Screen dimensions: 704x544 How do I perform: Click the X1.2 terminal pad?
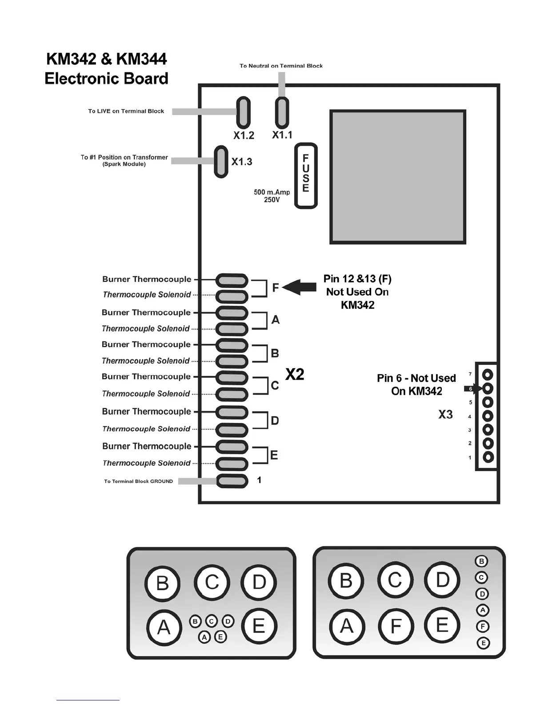(x=243, y=112)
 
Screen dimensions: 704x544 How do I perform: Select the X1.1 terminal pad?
(x=282, y=112)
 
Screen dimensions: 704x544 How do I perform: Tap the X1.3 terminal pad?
(x=221, y=161)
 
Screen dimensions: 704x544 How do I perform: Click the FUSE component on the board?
(x=306, y=176)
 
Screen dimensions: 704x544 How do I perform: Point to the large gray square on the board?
(x=398, y=177)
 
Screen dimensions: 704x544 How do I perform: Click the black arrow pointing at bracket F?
(x=299, y=287)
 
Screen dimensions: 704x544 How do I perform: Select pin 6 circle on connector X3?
(x=488, y=389)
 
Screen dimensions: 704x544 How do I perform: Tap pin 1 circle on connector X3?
(x=488, y=457)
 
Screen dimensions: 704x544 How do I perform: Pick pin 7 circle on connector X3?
(x=488, y=375)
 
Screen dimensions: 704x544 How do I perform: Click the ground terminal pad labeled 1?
(x=232, y=480)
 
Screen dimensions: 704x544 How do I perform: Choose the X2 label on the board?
(x=295, y=375)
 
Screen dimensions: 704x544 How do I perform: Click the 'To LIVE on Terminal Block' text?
(x=126, y=111)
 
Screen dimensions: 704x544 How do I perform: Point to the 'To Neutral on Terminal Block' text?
(x=281, y=66)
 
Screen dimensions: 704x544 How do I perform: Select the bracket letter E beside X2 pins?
(x=274, y=455)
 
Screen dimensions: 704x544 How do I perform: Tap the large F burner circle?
(x=396, y=626)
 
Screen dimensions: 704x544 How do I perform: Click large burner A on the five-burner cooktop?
(x=164, y=628)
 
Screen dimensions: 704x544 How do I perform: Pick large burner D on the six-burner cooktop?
(x=442, y=580)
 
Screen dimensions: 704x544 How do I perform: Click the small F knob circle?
(x=483, y=627)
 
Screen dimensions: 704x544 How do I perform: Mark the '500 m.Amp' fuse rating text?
(x=272, y=192)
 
